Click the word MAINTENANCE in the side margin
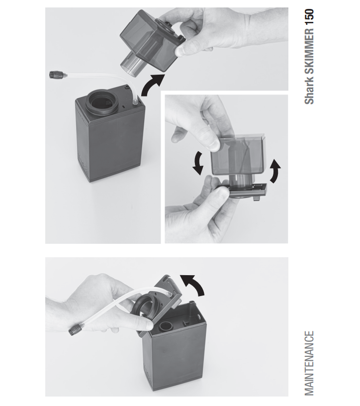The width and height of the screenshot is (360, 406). coord(309,363)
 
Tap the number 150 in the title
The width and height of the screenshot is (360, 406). coord(310,17)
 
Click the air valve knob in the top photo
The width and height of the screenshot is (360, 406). coord(53,75)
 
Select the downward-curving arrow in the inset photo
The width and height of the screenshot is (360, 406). coord(198,163)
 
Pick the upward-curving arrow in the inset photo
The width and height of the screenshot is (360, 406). coord(274,171)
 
